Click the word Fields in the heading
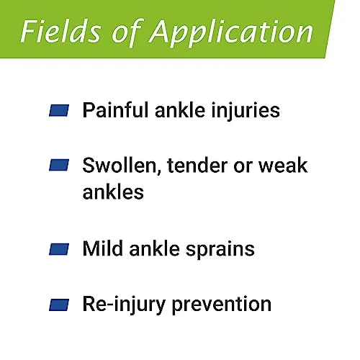coord(61,32)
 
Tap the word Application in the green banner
coord(231,34)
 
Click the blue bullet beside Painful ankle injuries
coord(59,110)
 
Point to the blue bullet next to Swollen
coord(59,165)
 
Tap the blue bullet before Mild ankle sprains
coord(59,249)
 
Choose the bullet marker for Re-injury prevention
coord(59,305)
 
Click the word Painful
coord(115,110)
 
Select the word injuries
coord(246,111)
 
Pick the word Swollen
coord(121,166)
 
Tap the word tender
coord(197,166)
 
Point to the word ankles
coord(113,192)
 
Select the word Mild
coord(103,248)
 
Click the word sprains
coord(220,250)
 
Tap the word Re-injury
coord(124,305)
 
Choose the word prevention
coord(222,305)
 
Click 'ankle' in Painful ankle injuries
coord(180,110)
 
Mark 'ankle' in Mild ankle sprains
coord(155,248)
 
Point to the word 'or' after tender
coord(243,167)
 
